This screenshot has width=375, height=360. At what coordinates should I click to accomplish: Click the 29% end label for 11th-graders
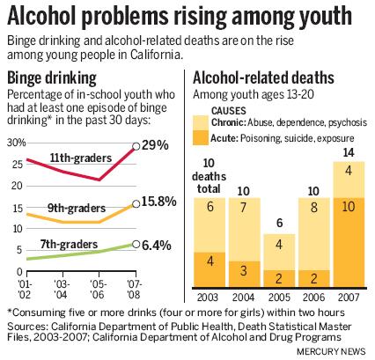[x=155, y=145]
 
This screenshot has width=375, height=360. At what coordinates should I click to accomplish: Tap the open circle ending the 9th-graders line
[x=136, y=204]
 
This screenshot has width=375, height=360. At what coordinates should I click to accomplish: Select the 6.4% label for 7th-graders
[x=156, y=246]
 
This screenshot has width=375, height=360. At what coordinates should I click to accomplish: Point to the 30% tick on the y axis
[x=17, y=143]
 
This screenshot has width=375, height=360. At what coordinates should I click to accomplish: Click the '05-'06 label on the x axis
[x=98, y=290]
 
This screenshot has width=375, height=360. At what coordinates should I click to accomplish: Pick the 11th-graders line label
[x=81, y=158]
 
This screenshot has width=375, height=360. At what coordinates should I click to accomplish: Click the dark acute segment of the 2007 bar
[x=349, y=243]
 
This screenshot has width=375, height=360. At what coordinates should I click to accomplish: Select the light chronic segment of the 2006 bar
[x=314, y=234]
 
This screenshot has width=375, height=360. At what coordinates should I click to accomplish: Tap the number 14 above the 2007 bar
[x=349, y=152]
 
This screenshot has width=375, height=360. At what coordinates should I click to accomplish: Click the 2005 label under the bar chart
[x=279, y=298]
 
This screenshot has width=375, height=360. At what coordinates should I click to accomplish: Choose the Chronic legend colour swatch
[x=201, y=123]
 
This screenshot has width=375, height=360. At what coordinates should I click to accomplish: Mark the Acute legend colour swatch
[x=201, y=138]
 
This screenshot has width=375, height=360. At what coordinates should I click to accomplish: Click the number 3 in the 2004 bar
[x=244, y=270]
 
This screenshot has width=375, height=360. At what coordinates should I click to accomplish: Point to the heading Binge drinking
[x=52, y=78]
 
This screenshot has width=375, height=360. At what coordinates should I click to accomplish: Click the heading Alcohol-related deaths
[x=263, y=78]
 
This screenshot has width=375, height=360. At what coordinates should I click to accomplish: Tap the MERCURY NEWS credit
[x=331, y=351]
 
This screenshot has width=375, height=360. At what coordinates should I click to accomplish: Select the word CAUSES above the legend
[x=229, y=111]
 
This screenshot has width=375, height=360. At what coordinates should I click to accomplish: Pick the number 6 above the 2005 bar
[x=279, y=223]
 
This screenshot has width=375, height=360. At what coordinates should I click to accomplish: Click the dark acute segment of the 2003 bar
[x=210, y=270]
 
